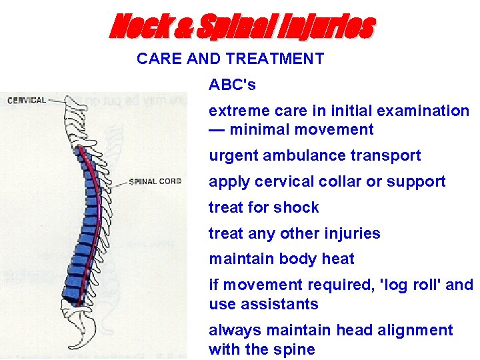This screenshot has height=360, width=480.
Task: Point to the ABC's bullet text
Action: pyautogui.click(x=232, y=85)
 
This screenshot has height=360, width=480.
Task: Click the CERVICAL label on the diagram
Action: pyautogui.click(x=27, y=101)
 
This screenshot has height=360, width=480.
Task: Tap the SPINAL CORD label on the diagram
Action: pyautogui.click(x=155, y=181)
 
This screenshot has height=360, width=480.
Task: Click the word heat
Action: pyautogui.click(x=339, y=259)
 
